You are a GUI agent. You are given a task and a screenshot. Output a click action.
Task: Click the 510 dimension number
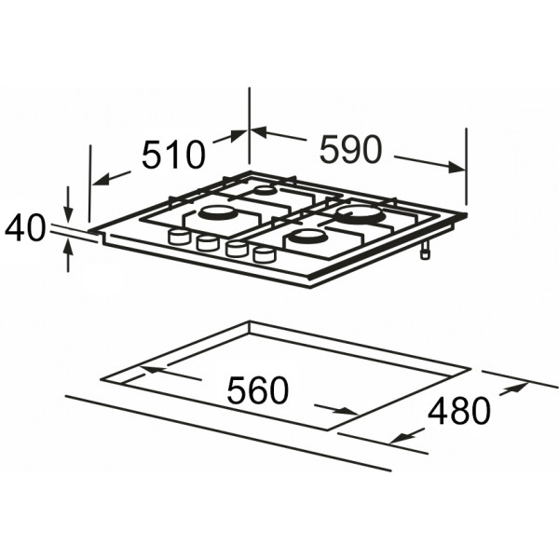174,155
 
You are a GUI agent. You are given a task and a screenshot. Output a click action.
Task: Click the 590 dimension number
351,149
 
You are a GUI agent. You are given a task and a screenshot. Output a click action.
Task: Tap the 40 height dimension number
25,228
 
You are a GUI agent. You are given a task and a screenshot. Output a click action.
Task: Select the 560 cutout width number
257,389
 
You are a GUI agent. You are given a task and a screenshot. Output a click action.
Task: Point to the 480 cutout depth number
459,412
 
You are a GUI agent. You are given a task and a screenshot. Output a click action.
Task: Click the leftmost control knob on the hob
178,237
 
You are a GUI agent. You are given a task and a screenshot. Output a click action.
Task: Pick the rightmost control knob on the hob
265,254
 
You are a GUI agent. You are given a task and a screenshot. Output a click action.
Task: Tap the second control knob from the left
208,243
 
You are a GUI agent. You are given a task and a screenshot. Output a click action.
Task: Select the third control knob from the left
236,249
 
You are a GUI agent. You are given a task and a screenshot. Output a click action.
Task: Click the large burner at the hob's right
360,215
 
